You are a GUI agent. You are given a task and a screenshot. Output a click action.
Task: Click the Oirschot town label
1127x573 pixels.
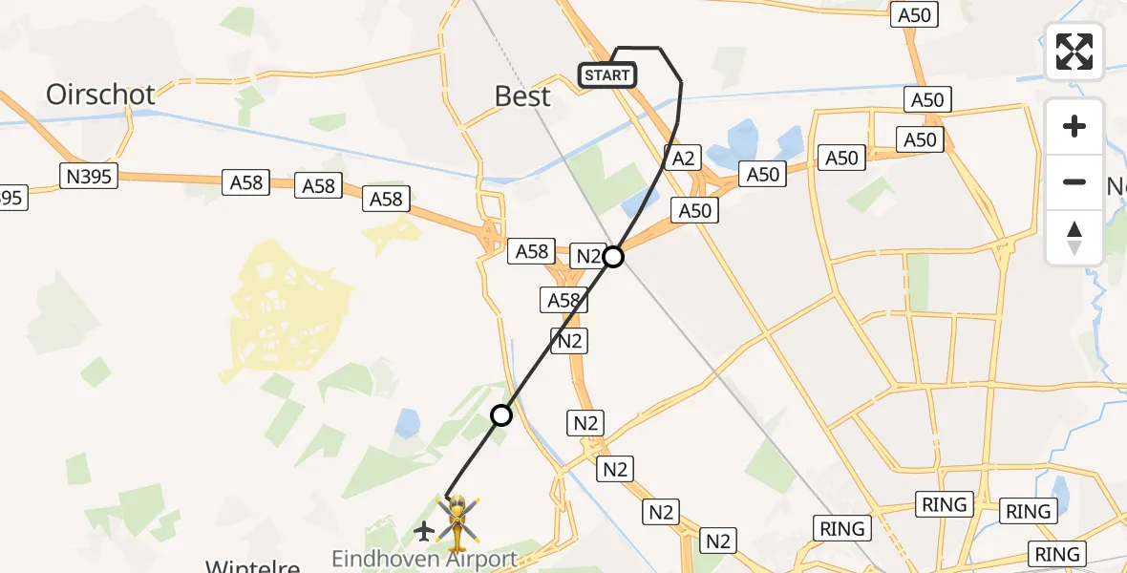click(x=100, y=94)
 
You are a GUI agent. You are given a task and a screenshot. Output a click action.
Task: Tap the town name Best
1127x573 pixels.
click(x=522, y=95)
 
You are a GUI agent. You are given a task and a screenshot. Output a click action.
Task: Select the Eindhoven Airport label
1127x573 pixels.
click(x=424, y=559)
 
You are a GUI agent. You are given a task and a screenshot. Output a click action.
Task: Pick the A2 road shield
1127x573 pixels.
click(x=682, y=158)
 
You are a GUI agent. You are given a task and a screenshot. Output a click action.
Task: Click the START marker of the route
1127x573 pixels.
click(x=607, y=75)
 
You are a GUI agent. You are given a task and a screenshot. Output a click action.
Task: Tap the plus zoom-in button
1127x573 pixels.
click(x=1074, y=126)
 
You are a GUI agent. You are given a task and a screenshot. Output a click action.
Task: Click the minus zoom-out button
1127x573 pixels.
click(x=1074, y=181)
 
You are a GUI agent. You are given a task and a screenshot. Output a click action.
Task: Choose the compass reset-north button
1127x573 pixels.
click(x=1074, y=238)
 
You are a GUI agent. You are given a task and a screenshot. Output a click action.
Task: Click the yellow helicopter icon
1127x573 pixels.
click(x=458, y=521)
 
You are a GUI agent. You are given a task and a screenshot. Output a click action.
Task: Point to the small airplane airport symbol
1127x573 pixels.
click(x=424, y=530)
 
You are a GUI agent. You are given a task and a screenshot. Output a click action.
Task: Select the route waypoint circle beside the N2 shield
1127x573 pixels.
click(x=613, y=257)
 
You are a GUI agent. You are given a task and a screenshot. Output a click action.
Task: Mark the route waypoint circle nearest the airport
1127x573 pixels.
click(x=501, y=415)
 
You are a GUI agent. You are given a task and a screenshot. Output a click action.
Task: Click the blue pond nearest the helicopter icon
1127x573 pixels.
click(x=408, y=421)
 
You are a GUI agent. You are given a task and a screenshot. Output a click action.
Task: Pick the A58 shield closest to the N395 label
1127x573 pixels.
click(x=245, y=182)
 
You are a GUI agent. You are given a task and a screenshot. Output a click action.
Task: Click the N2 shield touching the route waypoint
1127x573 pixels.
click(x=588, y=256)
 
